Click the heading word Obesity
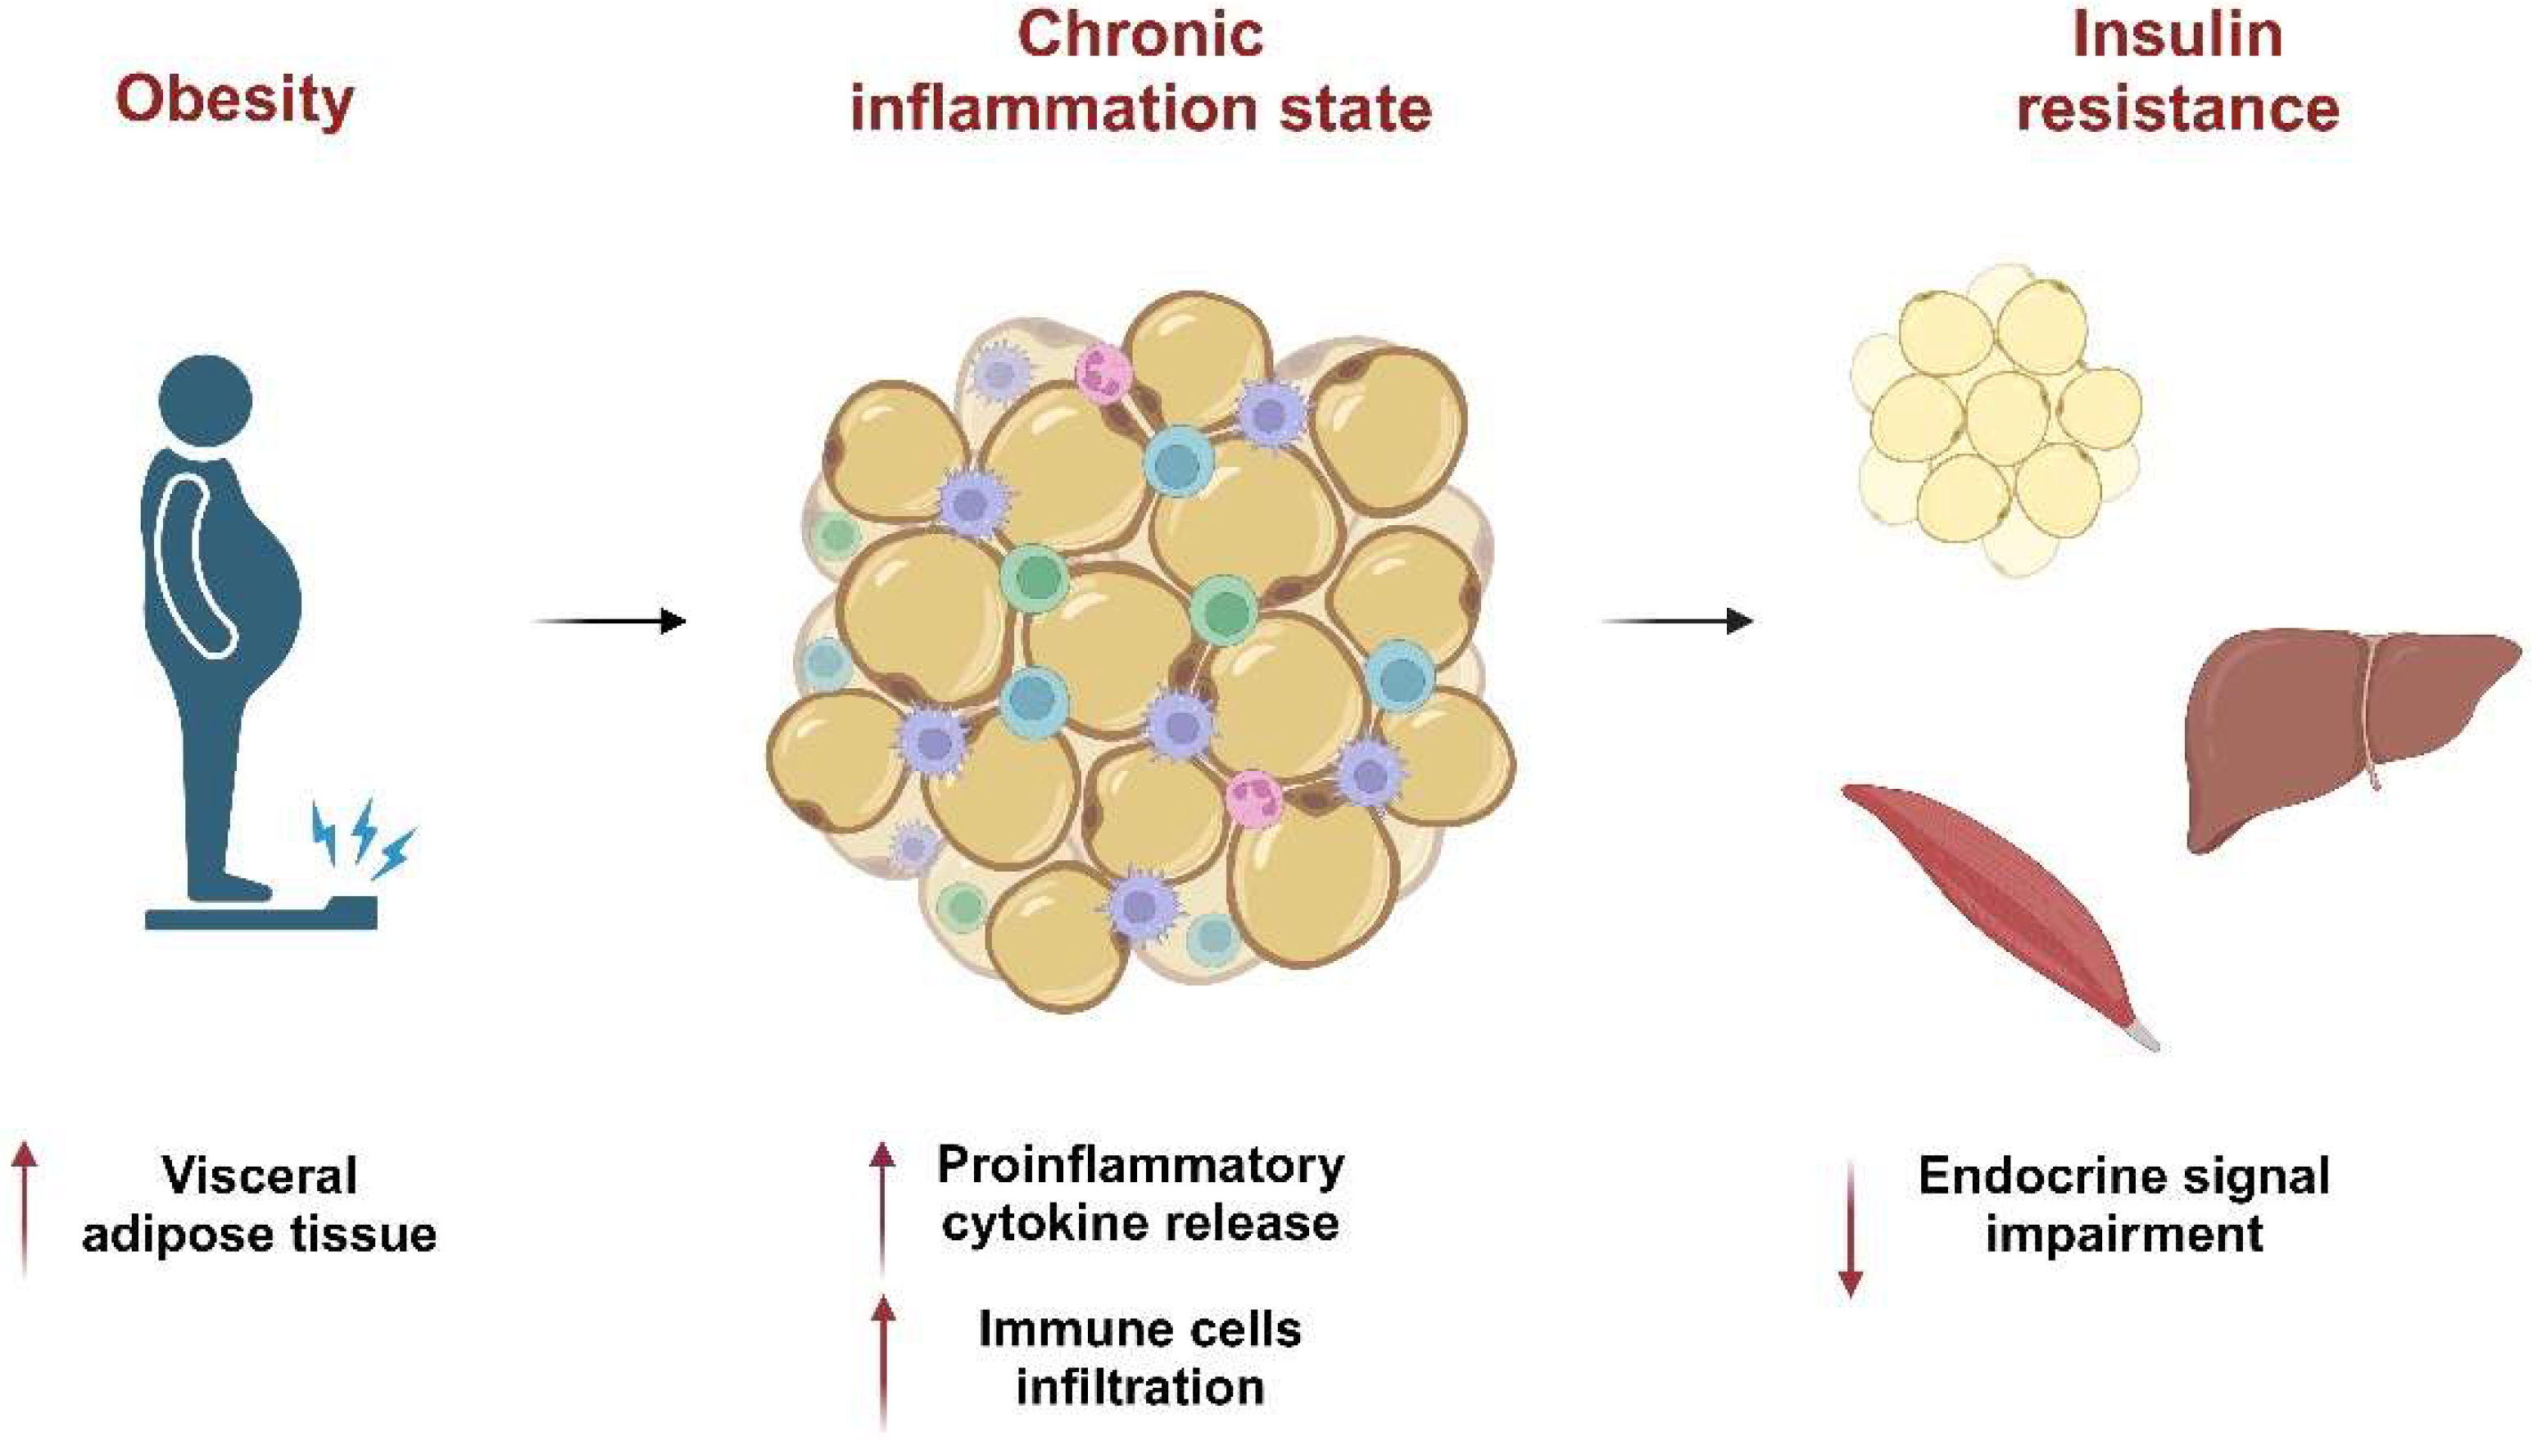[x=234, y=101]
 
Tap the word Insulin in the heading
[x=2177, y=34]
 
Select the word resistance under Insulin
[x=2177, y=109]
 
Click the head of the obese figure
[x=206, y=401]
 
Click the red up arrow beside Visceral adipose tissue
[x=25, y=1208]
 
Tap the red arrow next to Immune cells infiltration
[x=882, y=1361]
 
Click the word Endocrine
[x=2010, y=1176]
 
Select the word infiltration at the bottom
[x=1140, y=1388]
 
